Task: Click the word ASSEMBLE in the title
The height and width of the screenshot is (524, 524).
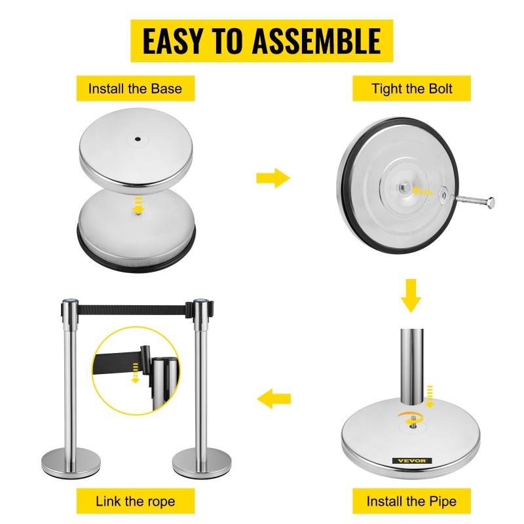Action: (316, 41)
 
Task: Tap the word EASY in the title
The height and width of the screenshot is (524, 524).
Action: (173, 41)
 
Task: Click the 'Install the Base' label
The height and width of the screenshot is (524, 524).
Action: (136, 88)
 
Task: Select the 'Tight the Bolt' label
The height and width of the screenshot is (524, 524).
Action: (412, 88)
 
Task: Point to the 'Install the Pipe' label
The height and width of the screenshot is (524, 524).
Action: (412, 501)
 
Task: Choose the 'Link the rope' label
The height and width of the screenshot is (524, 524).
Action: (136, 501)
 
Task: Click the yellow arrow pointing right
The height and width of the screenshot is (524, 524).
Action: (273, 178)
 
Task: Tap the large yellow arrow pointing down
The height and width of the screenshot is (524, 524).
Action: (411, 296)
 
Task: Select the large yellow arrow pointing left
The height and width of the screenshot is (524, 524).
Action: (274, 398)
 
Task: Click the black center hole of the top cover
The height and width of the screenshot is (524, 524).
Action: (138, 139)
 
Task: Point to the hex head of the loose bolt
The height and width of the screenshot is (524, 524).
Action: (491, 203)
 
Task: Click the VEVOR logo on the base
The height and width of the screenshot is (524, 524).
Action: (412, 461)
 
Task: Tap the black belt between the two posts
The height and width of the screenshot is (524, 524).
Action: (132, 310)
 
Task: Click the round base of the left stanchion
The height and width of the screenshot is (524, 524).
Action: (71, 463)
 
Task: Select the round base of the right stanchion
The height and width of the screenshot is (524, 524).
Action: (202, 463)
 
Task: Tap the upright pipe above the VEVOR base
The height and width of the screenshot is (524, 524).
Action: (412, 367)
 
